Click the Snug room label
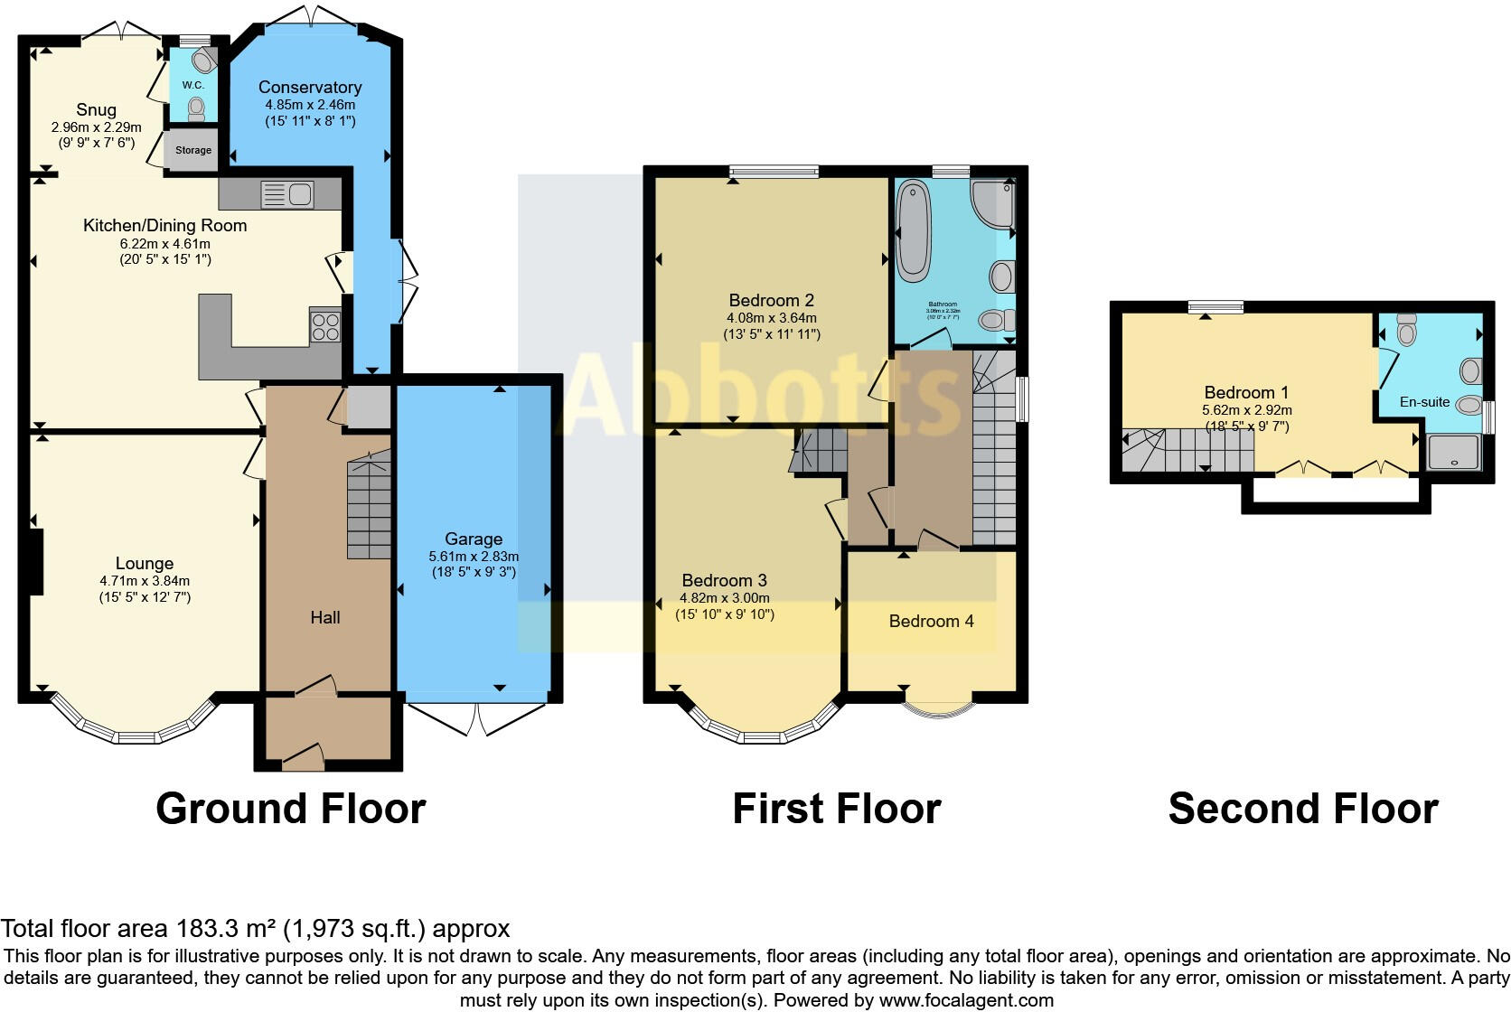96,110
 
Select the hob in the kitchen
325,325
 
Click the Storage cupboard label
192,151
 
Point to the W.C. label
192,85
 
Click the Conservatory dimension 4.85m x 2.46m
310,105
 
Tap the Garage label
473,539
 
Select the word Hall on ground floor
325,617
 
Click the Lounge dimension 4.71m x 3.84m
145,581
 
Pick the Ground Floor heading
290,808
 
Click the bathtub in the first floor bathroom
913,230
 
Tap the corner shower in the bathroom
993,206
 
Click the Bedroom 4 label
931,621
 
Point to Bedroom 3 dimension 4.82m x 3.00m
724,598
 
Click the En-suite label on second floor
1424,402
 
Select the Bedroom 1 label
1246,392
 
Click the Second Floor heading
1302,808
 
